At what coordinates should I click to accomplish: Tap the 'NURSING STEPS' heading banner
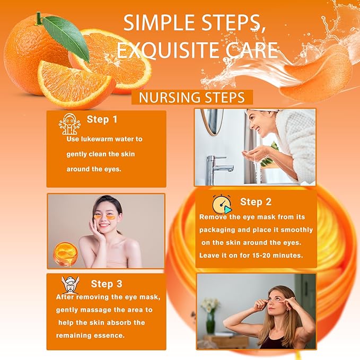(x=192, y=98)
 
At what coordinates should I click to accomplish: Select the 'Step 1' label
(x=102, y=119)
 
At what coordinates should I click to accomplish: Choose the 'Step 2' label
(x=256, y=201)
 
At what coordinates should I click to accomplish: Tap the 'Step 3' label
(x=106, y=284)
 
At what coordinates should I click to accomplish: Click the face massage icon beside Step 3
(x=70, y=285)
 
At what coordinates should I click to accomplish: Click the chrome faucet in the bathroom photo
(x=218, y=163)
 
